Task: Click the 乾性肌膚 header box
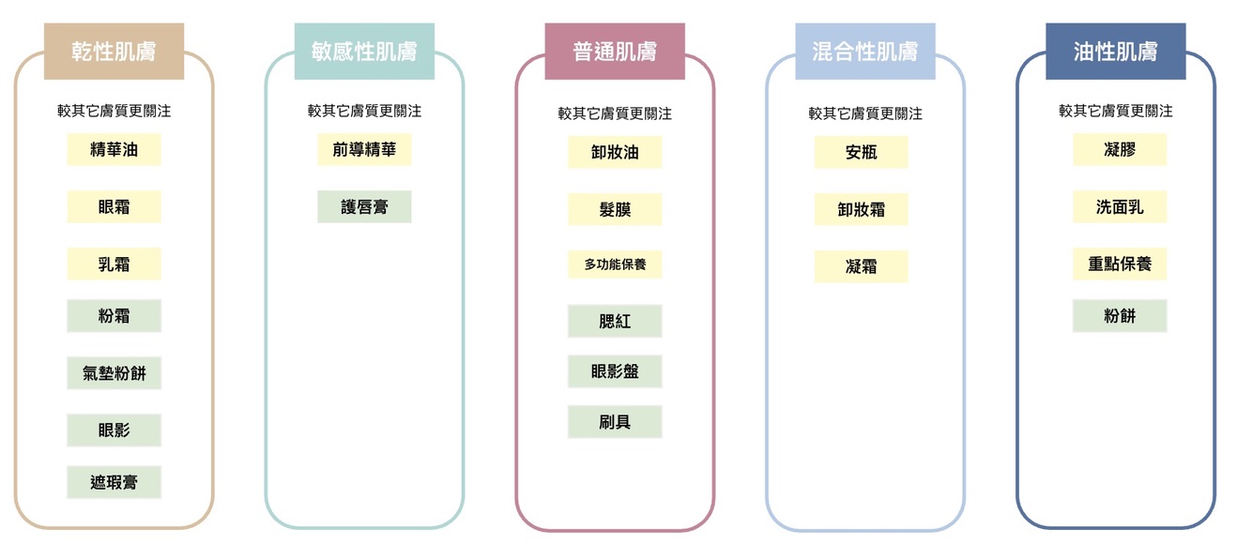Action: click(114, 52)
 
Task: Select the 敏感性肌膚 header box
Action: click(364, 52)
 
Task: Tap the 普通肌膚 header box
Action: click(615, 52)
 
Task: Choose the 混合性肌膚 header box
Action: click(864, 52)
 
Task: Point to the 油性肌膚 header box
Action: click(1115, 52)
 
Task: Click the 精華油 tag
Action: click(114, 149)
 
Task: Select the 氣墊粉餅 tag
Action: click(114, 373)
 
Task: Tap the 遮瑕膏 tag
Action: click(114, 482)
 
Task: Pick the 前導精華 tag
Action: click(364, 149)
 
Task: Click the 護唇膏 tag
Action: click(364, 206)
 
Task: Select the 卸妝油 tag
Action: click(615, 152)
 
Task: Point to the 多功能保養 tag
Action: click(615, 264)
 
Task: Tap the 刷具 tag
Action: click(615, 422)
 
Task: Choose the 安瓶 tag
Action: click(861, 152)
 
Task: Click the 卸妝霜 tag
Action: click(861, 209)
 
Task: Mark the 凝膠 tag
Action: click(1120, 149)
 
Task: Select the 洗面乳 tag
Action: click(1120, 206)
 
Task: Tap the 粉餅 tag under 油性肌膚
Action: click(1120, 316)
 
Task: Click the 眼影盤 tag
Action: click(615, 371)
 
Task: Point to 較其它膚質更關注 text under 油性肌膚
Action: click(1115, 111)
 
